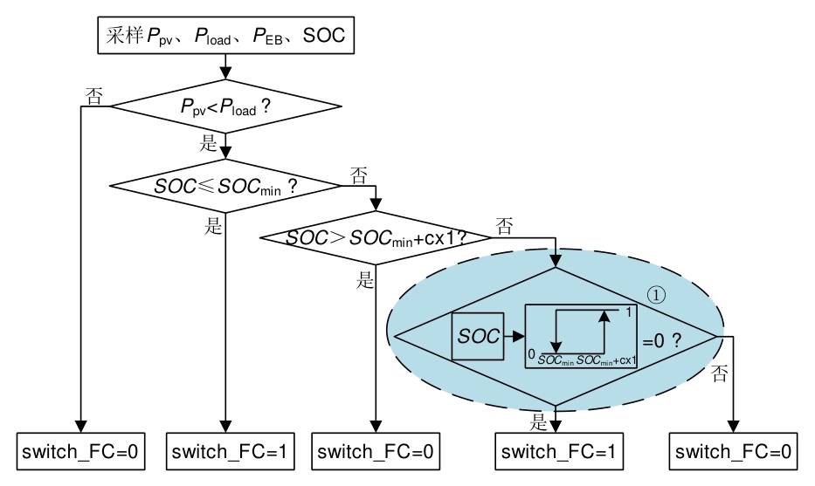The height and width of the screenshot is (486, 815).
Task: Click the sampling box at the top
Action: (224, 36)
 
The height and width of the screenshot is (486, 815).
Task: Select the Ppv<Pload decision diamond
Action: (225, 107)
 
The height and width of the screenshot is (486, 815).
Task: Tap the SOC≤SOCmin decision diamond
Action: (225, 186)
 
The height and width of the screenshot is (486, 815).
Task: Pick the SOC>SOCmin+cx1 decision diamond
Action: (376, 237)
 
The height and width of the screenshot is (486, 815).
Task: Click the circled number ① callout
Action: (656, 295)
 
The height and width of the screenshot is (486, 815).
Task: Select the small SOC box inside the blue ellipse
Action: (478, 336)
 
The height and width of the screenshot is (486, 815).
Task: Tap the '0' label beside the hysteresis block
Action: (531, 353)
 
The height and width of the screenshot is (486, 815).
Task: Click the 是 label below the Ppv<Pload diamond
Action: (210, 144)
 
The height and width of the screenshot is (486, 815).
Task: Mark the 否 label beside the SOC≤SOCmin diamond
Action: (358, 175)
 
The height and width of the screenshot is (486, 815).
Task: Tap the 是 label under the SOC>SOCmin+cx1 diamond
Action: (365, 280)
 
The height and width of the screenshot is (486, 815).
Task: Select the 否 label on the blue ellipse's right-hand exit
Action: (720, 375)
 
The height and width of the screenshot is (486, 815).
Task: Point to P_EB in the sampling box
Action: (266, 37)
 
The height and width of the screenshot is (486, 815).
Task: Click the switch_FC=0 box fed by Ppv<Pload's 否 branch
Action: (81, 451)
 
